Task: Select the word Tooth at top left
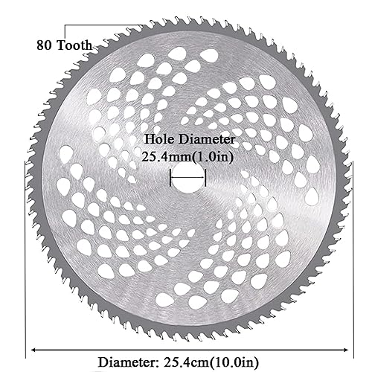tap(75, 44)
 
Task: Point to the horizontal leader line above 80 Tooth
tap(134, 25)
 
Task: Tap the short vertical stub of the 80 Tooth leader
tap(65, 31)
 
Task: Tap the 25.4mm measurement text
tap(166, 156)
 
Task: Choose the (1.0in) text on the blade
tap(215, 156)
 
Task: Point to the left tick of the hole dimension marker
tap(171, 179)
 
